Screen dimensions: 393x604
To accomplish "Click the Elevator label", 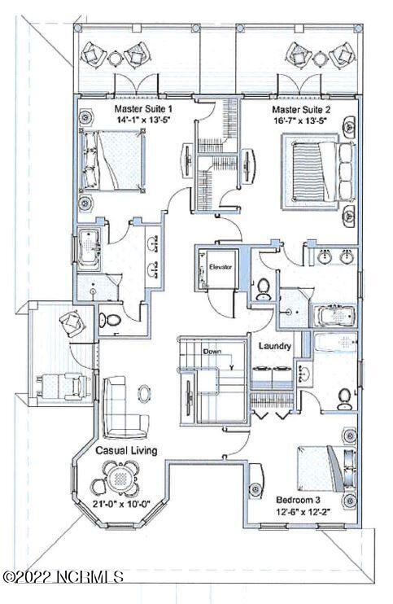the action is pyautogui.click(x=221, y=266).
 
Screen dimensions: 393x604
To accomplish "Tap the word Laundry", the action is pyautogui.click(x=274, y=346).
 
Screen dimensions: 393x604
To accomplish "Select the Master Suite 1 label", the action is pyautogui.click(x=141, y=108).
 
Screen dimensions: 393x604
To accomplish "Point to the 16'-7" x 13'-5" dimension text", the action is pyautogui.click(x=300, y=120).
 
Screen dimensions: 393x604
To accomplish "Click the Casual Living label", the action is pyautogui.click(x=126, y=450).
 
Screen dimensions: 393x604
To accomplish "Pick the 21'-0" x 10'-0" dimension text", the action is pyautogui.click(x=121, y=503).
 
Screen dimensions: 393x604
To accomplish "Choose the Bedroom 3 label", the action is pyautogui.click(x=298, y=500).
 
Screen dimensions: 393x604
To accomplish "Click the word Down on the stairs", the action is pyautogui.click(x=212, y=352).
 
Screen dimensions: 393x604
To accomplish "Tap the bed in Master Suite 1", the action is pyautogui.click(x=112, y=160).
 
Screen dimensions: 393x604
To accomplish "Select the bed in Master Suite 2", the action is pyautogui.click(x=322, y=172).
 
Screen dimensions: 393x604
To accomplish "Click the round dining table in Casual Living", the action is pyautogui.click(x=121, y=478).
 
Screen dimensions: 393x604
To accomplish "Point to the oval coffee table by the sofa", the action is pyautogui.click(x=145, y=394).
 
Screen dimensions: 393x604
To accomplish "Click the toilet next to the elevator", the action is pyautogui.click(x=264, y=289).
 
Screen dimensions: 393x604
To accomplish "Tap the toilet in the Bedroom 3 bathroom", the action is pyautogui.click(x=343, y=399).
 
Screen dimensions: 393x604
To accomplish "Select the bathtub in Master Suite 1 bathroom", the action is pyautogui.click(x=89, y=251).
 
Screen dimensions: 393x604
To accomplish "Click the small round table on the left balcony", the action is pyautogui.click(x=115, y=58).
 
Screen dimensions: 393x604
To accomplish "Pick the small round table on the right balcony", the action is pyautogui.click(x=320, y=58).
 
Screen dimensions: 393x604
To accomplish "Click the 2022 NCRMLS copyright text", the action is pyautogui.click(x=63, y=576).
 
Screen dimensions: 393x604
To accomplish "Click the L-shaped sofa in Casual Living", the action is pyautogui.click(x=123, y=409).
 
